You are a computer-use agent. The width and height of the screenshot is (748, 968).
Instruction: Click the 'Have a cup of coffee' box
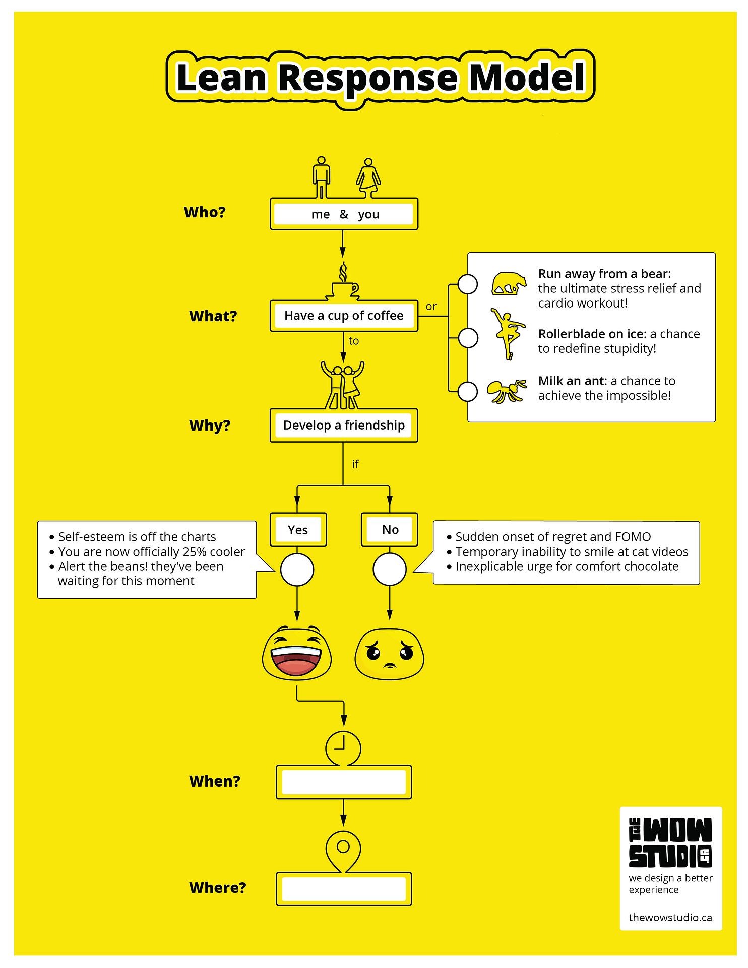344,316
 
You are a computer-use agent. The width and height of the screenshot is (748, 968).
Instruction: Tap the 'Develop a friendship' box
344,425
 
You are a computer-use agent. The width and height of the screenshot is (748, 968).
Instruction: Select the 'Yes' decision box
298,529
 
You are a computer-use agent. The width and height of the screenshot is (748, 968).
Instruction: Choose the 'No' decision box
390,529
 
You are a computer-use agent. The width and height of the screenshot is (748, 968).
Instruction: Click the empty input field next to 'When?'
344,782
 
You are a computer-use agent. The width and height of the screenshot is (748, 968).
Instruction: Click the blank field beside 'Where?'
344,889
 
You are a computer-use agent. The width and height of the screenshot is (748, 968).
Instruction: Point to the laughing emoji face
297,653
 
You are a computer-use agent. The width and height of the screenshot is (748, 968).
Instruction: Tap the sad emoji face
390,653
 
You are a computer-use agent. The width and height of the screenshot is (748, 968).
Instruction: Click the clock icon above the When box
343,748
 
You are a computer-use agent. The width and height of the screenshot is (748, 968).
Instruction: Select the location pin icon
343,850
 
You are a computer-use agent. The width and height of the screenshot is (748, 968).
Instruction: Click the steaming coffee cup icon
345,285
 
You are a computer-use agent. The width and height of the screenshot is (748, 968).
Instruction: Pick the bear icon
509,283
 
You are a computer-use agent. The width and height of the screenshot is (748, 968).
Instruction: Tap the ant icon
506,391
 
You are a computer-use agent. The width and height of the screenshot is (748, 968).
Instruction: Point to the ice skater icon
508,333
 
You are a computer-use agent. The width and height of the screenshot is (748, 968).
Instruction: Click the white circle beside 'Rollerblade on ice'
468,338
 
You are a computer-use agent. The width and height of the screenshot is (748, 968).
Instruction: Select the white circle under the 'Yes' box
297,570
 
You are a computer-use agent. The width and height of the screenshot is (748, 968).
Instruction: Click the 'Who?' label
205,212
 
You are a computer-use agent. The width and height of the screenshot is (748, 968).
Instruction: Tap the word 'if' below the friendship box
355,464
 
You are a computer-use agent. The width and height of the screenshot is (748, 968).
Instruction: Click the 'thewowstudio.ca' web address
670,917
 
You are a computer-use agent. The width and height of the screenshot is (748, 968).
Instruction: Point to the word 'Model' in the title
527,78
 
